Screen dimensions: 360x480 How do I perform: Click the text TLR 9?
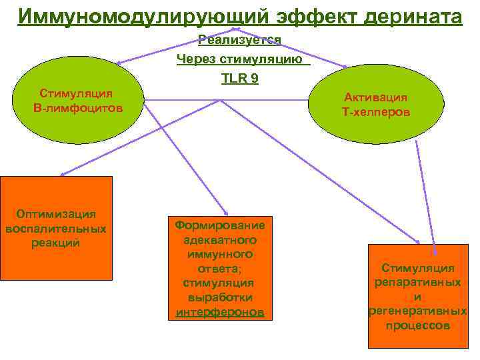[240, 78]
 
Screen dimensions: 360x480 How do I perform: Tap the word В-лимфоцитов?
[78, 107]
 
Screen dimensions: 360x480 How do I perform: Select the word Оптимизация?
[56, 214]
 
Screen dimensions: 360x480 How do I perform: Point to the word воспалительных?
[56, 229]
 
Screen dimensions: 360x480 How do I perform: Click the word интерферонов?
[220, 312]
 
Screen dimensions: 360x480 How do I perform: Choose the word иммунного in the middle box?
[220, 254]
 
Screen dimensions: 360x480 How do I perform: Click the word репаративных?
[417, 282]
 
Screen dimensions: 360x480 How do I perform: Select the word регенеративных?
[417, 311]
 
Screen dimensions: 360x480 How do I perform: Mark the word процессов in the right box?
[417, 326]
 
